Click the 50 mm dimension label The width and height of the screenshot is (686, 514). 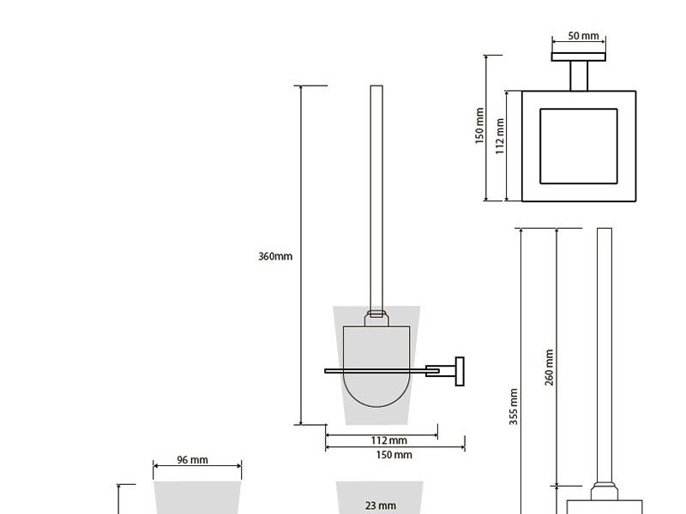click(x=583, y=35)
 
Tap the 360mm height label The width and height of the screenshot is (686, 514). click(x=275, y=256)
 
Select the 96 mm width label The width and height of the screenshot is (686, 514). click(x=192, y=460)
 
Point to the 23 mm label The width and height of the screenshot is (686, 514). click(x=381, y=505)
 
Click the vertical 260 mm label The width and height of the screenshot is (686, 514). click(x=550, y=368)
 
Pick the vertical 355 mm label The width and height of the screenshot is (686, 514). click(x=514, y=407)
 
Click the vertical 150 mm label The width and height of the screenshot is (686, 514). click(x=479, y=126)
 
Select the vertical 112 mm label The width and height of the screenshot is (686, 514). click(x=500, y=136)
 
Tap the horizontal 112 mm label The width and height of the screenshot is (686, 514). click(x=389, y=440)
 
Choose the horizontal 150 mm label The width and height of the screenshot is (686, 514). click(x=394, y=455)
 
